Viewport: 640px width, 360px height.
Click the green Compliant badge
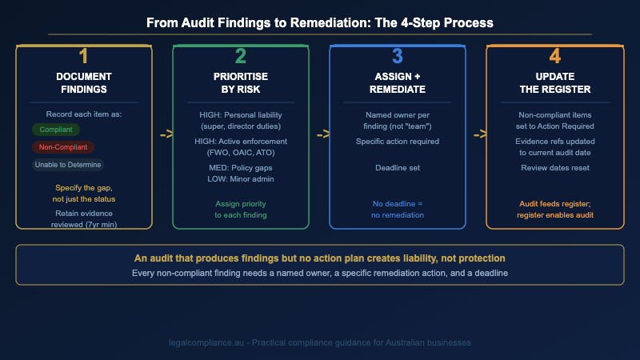pos(55,130)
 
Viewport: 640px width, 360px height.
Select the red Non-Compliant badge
pos(62,147)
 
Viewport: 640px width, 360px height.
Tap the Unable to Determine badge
pos(68,165)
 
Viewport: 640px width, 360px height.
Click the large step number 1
pos(83,57)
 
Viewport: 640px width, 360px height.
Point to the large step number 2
pos(240,57)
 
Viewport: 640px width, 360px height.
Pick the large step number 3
pos(397,57)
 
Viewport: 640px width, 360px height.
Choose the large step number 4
pos(554,57)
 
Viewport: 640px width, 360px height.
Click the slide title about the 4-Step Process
pos(320,23)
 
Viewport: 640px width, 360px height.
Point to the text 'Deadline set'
pos(398,168)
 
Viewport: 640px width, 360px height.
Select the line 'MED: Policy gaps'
pos(240,169)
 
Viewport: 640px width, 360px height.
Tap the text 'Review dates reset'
pos(554,168)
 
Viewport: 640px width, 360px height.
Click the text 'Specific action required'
pos(398,142)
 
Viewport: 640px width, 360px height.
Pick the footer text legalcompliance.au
pos(320,342)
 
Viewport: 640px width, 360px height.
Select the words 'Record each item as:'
pos(83,114)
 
